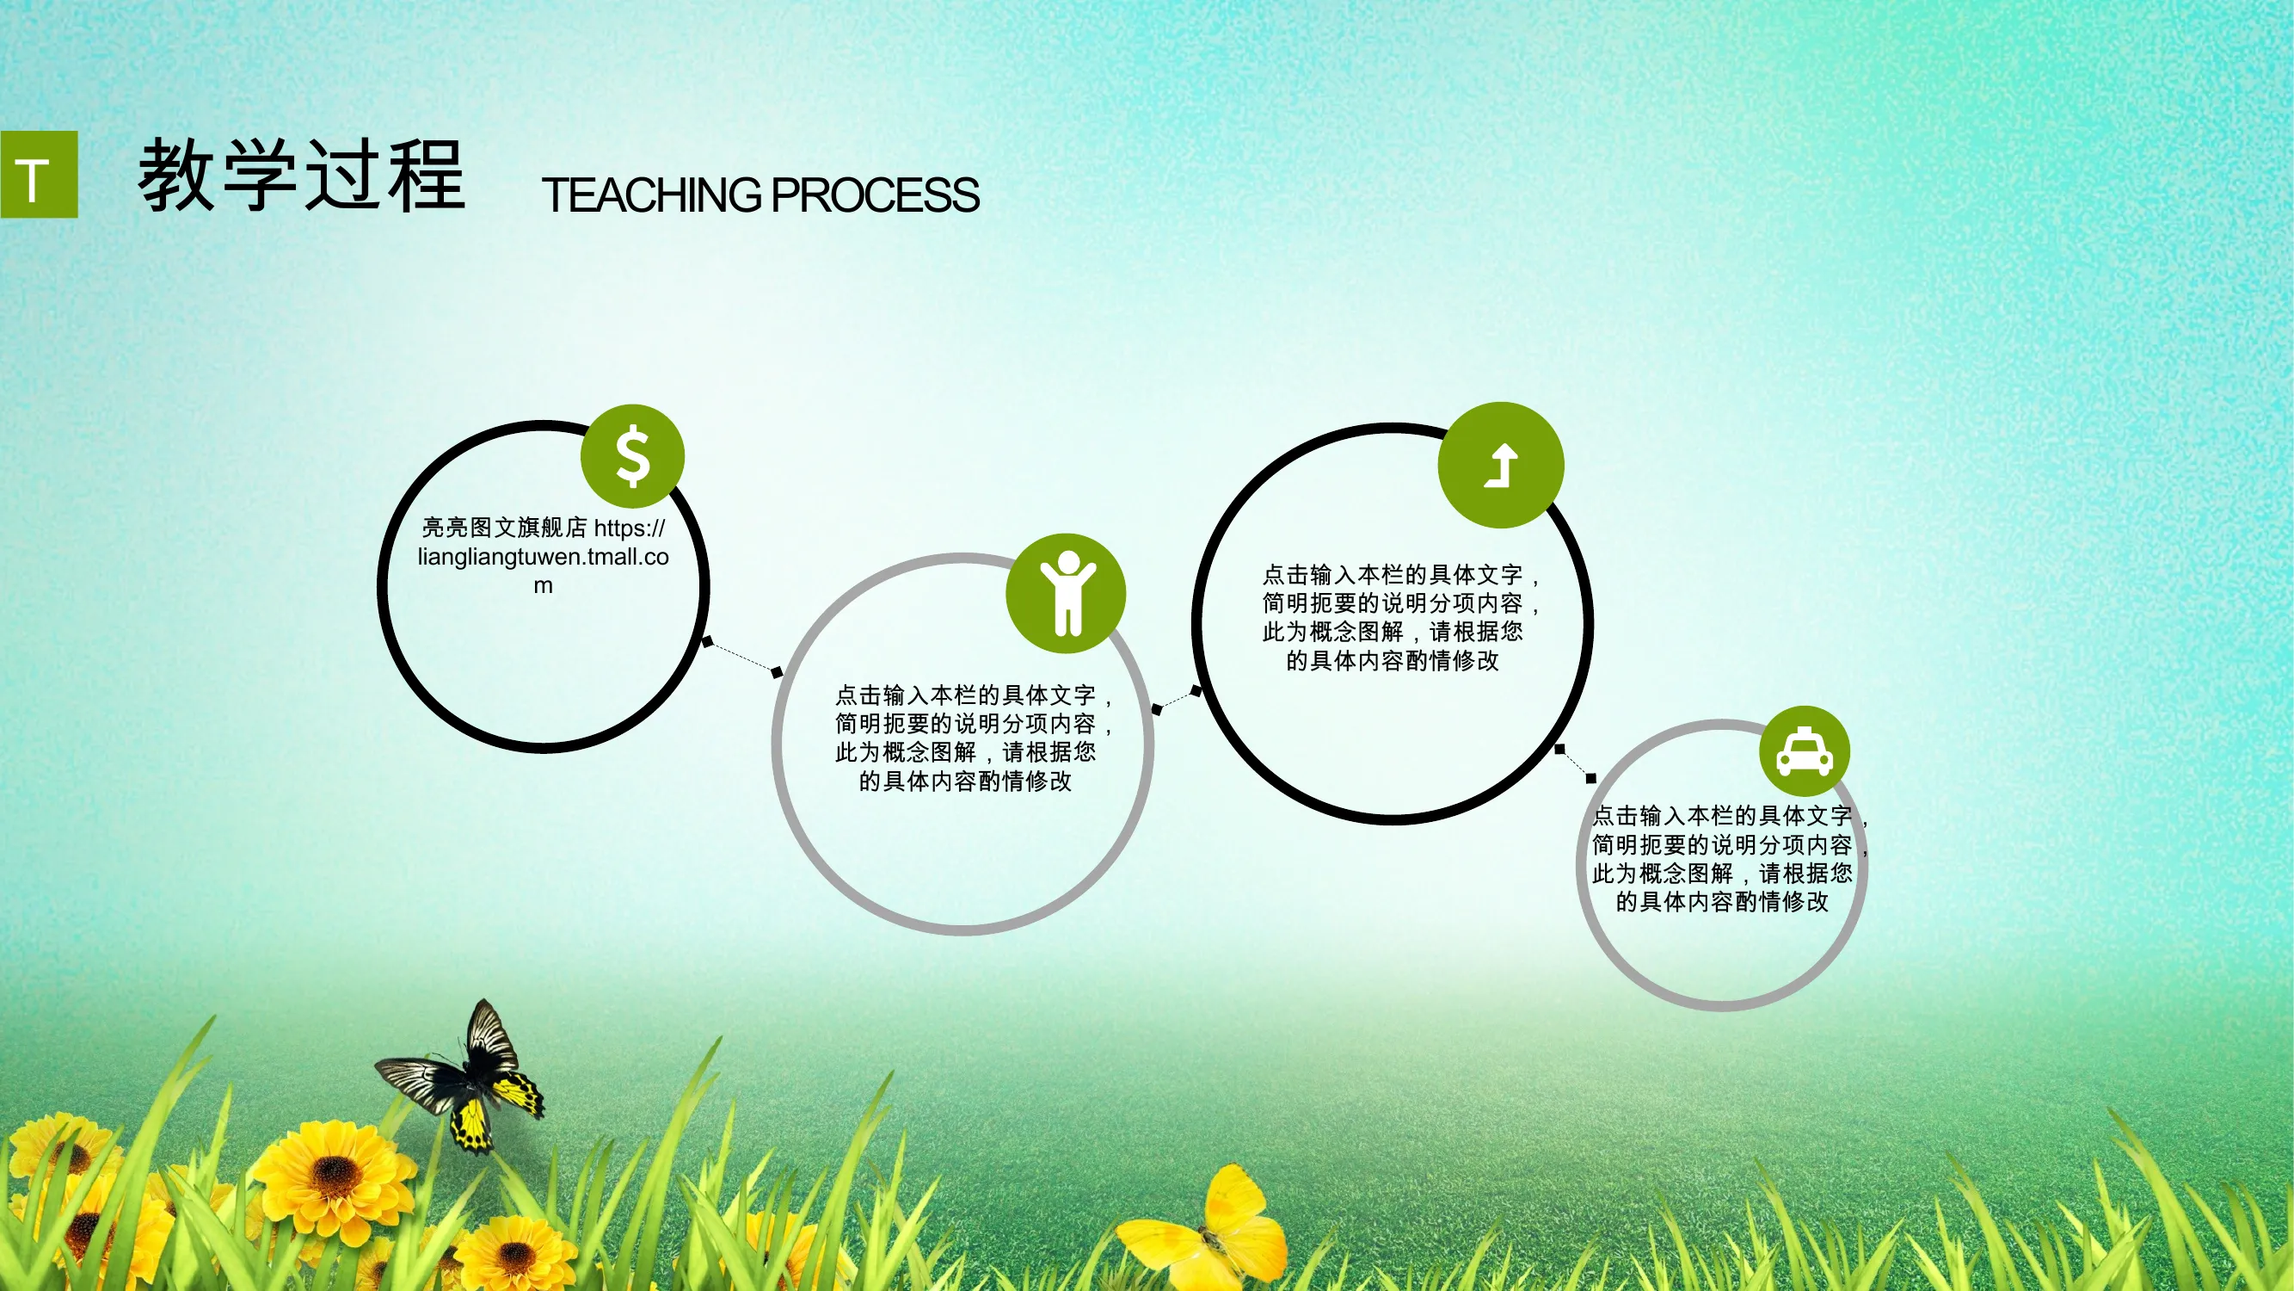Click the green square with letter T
pos(40,174)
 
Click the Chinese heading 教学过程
pos(302,176)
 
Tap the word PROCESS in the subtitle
pos(876,195)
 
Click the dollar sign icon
pos(632,456)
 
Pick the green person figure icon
pos(1066,593)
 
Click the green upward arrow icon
pos(1501,465)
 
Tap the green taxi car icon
pos(1805,751)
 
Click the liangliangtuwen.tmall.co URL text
pos(544,557)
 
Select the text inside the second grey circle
pos(974,738)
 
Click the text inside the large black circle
pos(1401,617)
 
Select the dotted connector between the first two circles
pos(741,657)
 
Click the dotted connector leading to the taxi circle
pos(1574,763)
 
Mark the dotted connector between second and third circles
pos(1176,701)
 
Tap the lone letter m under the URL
pos(544,586)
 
